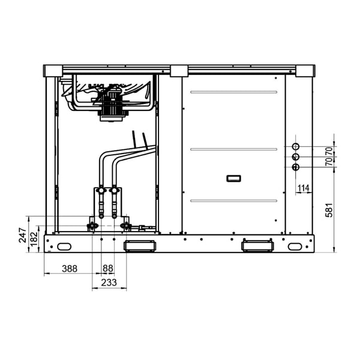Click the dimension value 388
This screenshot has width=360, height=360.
pyautogui.click(x=70, y=268)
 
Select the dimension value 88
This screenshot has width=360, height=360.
pyautogui.click(x=108, y=268)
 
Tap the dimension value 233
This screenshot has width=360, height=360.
pyautogui.click(x=109, y=283)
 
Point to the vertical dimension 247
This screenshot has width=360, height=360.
pyautogui.click(x=23, y=235)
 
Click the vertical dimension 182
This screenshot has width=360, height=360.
pyautogui.click(x=34, y=239)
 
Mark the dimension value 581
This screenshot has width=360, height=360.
pyautogui.click(x=329, y=210)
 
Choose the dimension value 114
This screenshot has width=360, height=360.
pyautogui.click(x=303, y=188)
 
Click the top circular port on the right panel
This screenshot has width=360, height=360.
pyautogui.click(x=295, y=146)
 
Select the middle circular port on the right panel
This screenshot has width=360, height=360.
pyautogui.click(x=295, y=157)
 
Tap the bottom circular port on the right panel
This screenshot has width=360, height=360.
pyautogui.click(x=295, y=167)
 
